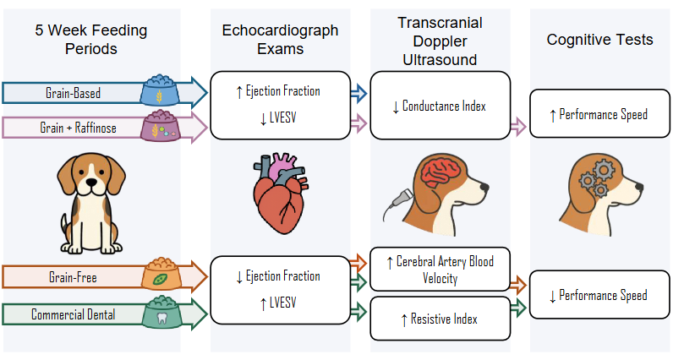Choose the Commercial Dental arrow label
pos(74,314)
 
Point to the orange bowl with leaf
pos(159,275)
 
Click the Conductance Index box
pos(440,106)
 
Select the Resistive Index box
pos(440,319)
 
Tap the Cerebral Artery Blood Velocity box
pos(440,270)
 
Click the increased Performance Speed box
pos(597,114)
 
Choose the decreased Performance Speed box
pos(597,295)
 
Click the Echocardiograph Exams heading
pos(280,39)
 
